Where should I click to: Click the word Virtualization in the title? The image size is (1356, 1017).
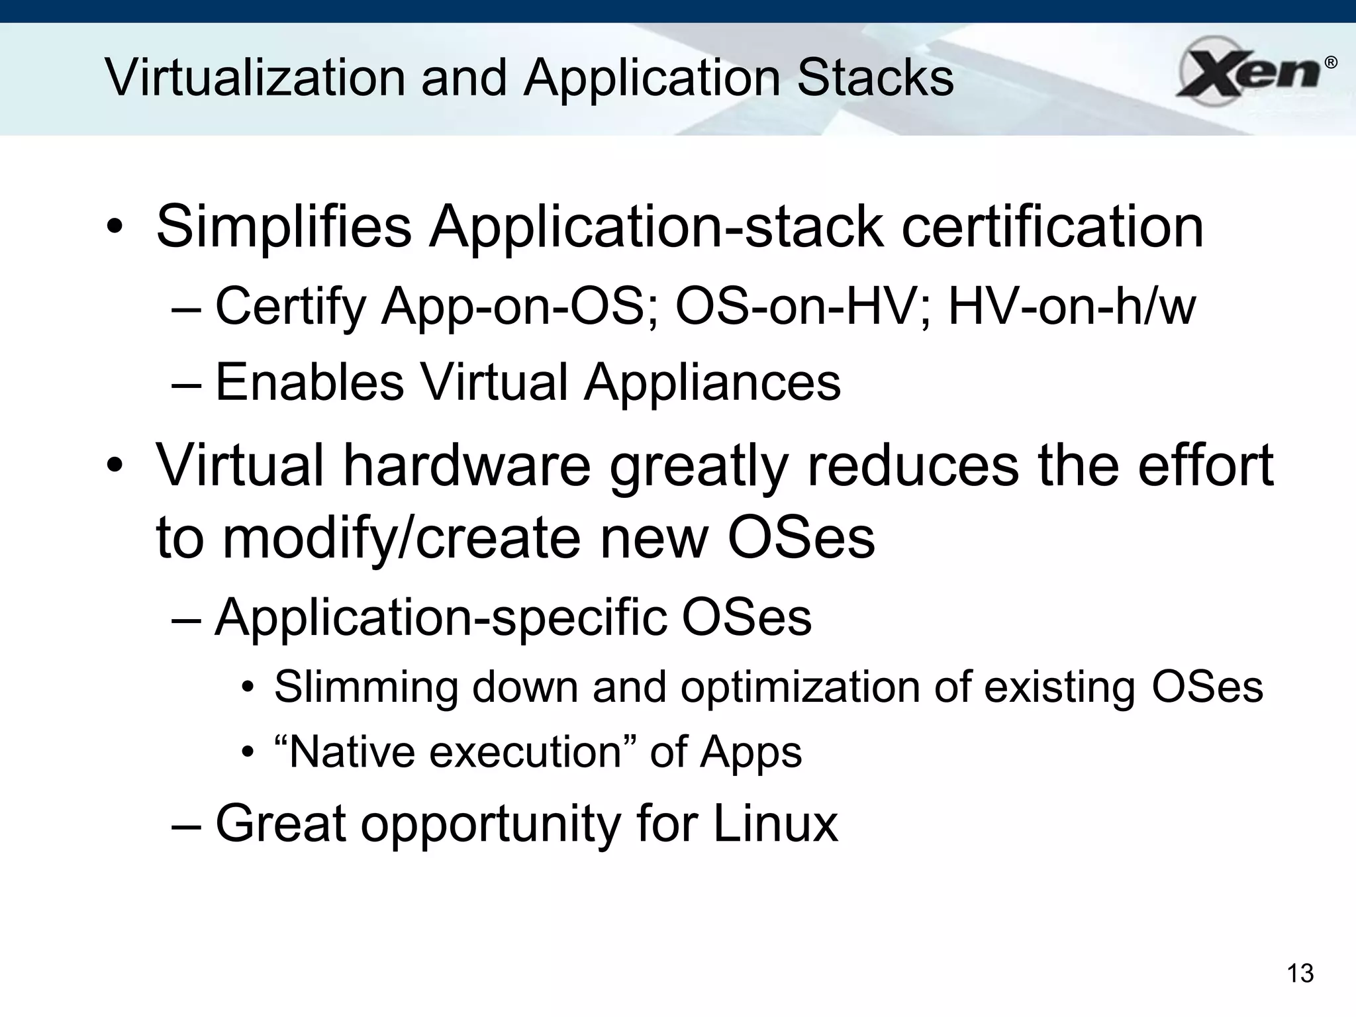[256, 78]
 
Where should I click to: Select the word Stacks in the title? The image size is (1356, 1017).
[876, 78]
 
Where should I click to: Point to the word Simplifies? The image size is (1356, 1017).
[284, 227]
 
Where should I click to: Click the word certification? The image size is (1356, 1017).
[1052, 227]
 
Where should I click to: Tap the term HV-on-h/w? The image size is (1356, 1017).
[1072, 307]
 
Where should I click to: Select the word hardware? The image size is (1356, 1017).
[467, 465]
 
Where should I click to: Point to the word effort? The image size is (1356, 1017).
[1205, 465]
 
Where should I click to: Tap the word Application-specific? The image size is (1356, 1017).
[440, 618]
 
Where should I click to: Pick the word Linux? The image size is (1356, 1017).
[775, 824]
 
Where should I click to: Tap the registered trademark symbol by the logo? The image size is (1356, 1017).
[1330, 64]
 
